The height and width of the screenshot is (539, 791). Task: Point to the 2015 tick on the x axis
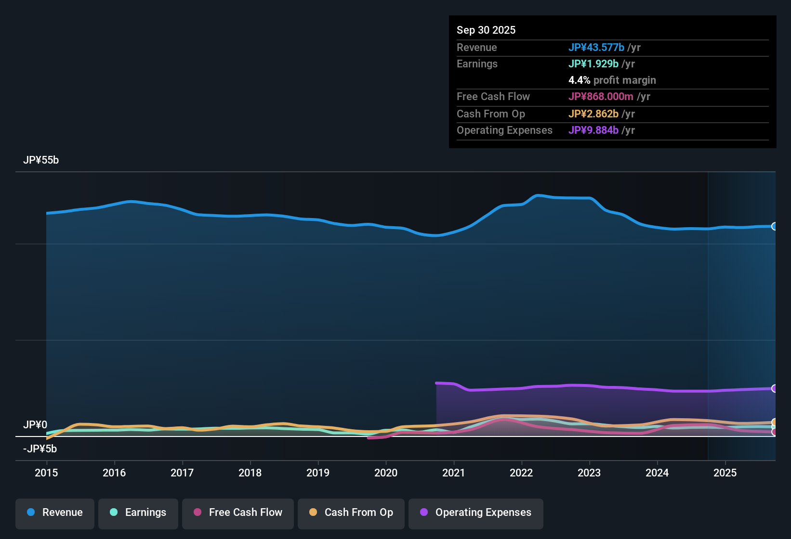click(46, 473)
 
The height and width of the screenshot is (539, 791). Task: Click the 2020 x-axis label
click(385, 473)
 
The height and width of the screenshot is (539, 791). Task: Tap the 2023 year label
click(589, 473)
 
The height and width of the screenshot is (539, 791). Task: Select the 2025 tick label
click(725, 473)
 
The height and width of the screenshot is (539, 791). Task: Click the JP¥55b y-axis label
click(41, 160)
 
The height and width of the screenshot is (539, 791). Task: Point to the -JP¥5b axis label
click(40, 449)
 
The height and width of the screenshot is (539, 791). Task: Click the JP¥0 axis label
click(35, 425)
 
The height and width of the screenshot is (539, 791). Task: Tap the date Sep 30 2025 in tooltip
click(486, 30)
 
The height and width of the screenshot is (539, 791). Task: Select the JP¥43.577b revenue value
click(596, 47)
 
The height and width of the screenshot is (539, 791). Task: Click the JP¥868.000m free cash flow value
click(601, 96)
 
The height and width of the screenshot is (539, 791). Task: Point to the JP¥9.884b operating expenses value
click(593, 130)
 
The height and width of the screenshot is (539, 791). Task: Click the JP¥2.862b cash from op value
click(593, 114)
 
